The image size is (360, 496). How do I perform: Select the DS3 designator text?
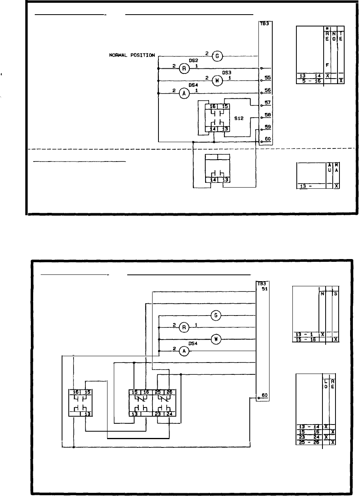click(x=227, y=73)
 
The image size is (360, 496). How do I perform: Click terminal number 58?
click(x=267, y=115)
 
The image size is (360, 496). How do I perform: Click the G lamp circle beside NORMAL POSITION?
click(x=217, y=56)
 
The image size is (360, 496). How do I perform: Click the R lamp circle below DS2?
click(x=184, y=69)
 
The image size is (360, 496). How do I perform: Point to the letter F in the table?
click(x=327, y=65)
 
